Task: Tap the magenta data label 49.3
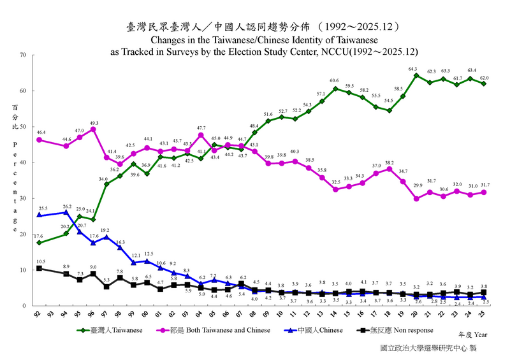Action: (x=93, y=123)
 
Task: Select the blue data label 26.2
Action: (x=67, y=206)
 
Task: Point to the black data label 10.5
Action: (x=40, y=262)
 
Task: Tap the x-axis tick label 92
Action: (x=39, y=315)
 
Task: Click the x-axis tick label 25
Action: (x=484, y=315)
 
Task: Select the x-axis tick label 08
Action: (x=254, y=315)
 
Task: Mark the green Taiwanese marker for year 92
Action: (x=40, y=243)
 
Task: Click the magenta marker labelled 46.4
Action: (x=40, y=140)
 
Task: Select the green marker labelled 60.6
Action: (x=335, y=89)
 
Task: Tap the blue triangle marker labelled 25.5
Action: (x=40, y=215)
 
